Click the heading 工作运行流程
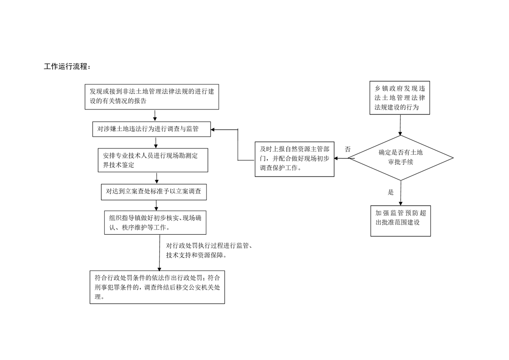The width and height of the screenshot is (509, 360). coord(67,67)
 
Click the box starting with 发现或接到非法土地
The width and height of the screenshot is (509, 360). coord(152,97)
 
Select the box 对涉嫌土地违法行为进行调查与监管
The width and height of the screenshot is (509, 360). coord(152,129)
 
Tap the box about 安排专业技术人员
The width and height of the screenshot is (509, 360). coord(153,160)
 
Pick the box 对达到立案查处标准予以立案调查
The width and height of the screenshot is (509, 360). coord(154,192)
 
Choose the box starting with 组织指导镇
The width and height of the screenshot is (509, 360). coord(155,222)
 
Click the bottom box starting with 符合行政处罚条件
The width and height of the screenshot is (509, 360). coord(157,287)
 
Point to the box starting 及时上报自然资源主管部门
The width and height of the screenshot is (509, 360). coord(294,159)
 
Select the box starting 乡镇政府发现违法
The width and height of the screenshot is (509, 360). coord(400,98)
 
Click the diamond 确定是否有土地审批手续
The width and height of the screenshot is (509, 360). coord(401,158)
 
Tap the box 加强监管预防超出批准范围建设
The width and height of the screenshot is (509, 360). coord(401,221)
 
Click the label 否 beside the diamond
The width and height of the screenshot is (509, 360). coord(347,149)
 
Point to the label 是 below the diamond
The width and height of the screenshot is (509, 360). coord(391,192)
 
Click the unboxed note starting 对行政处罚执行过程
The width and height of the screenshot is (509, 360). coord(209,251)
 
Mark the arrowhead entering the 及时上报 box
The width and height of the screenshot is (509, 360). coord(336,158)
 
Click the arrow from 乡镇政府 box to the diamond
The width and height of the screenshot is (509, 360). coord(400,125)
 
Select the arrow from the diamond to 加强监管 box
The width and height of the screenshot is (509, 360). coord(401,193)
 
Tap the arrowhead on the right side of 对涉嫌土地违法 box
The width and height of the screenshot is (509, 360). coord(213,130)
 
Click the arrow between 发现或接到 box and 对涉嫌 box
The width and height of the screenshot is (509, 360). coord(155,116)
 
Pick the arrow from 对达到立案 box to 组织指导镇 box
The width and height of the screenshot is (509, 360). coord(156,206)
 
